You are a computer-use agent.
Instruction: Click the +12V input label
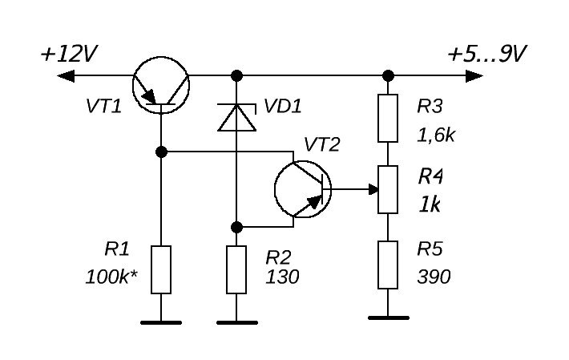[x=69, y=55]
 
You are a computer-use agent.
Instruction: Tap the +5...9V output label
[x=486, y=55]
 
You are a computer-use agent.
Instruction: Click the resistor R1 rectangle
[x=161, y=269]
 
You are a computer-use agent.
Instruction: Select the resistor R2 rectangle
[x=236, y=269]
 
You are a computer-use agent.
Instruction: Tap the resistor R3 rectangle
[x=388, y=119]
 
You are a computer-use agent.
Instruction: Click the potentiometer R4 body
[x=388, y=189]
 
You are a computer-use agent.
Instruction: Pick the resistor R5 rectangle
[x=388, y=265]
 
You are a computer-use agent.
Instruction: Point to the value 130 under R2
[x=282, y=277]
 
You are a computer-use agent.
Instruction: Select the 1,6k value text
[x=436, y=135]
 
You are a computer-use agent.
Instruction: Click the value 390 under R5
[x=434, y=277]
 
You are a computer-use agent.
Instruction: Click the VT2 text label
[x=321, y=144]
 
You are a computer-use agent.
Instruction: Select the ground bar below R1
[x=161, y=322]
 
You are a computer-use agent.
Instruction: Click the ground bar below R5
[x=388, y=318]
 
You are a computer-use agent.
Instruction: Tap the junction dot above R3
[x=388, y=76]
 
